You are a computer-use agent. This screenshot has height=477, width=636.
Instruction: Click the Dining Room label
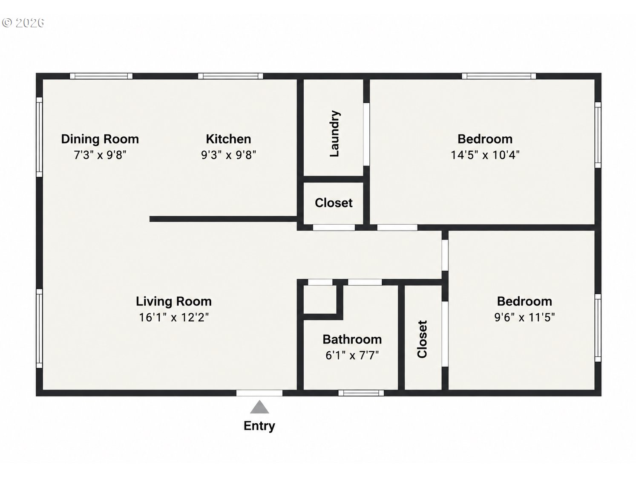[x=100, y=139]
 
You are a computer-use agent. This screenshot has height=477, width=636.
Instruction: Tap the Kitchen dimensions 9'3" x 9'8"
[x=229, y=155]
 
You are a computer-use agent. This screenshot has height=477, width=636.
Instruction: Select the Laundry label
[x=334, y=133]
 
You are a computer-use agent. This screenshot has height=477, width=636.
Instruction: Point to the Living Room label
[x=174, y=301]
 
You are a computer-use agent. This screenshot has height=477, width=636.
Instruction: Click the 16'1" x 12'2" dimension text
[x=174, y=317]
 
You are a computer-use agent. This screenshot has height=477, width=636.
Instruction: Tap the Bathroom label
[x=352, y=339]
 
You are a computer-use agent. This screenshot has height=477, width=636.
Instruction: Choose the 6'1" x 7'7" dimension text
[x=352, y=355]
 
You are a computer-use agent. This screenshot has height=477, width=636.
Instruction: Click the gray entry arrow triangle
[x=259, y=407]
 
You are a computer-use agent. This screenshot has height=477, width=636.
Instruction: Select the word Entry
[x=259, y=426]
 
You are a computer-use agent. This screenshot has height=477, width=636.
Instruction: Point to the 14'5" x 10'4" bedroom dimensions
[x=485, y=155]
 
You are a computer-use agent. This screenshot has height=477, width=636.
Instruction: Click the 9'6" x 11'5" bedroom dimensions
[x=524, y=317]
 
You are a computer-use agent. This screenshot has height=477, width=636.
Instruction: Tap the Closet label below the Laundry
[x=334, y=202]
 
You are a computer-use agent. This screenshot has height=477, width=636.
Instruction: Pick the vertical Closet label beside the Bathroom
[x=422, y=339]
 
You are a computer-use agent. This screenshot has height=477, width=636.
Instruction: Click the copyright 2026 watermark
[x=23, y=23]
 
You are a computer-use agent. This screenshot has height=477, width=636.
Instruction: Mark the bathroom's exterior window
[x=361, y=393]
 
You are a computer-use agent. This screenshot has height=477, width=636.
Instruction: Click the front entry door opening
[x=259, y=393]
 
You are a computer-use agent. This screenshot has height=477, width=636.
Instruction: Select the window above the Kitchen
[x=230, y=76]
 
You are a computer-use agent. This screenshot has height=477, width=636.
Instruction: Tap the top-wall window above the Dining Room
[x=101, y=76]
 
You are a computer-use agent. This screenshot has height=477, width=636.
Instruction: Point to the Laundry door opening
[x=366, y=135]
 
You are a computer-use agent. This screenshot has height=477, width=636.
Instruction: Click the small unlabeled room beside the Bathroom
[x=320, y=300]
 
